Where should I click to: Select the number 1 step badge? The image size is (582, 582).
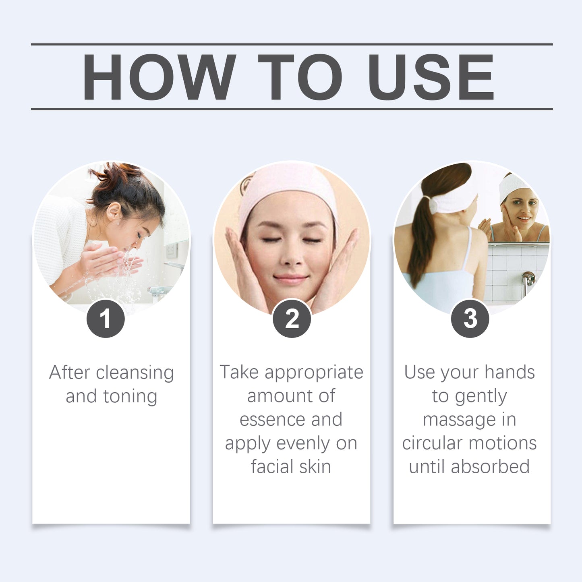click(106, 319)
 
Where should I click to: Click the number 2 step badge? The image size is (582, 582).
click(292, 319)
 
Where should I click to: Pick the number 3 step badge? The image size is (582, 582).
click(470, 319)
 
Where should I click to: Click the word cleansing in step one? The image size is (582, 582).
click(135, 373)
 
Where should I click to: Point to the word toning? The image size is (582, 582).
click(130, 396)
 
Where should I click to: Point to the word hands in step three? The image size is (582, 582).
click(510, 372)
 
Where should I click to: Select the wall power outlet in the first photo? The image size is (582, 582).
click(172, 250)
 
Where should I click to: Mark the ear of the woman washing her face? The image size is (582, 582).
click(114, 211)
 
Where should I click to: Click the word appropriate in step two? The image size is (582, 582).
click(314, 372)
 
